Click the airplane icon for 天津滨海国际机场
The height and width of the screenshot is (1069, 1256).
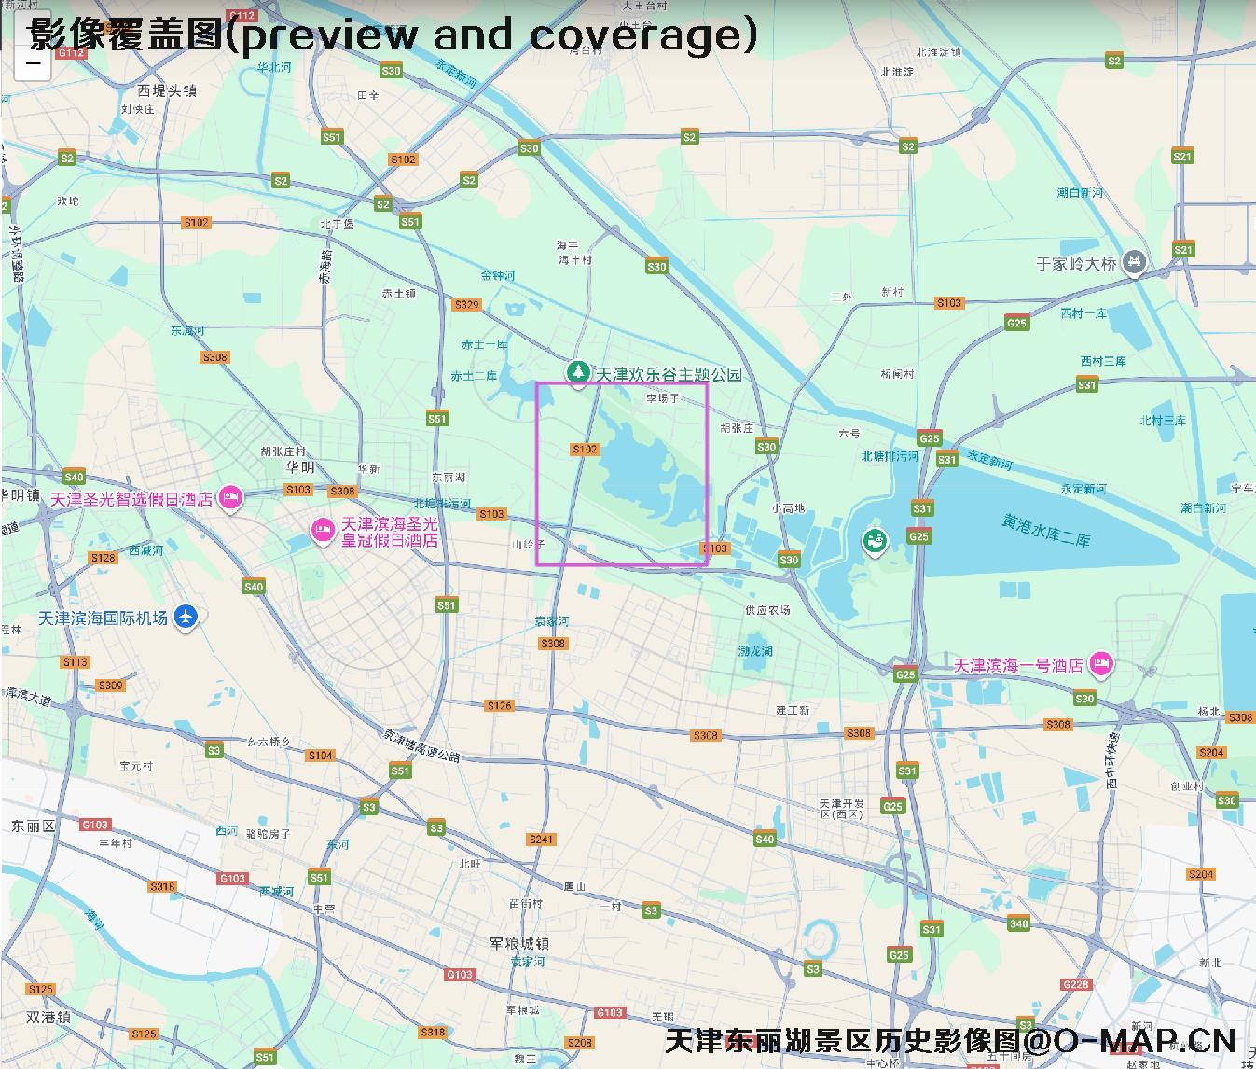pos(186,617)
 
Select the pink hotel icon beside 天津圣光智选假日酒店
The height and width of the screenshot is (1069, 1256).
pos(230,499)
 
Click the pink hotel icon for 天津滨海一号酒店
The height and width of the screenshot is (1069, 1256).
pos(1101,665)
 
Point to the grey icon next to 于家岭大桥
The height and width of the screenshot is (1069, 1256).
pos(1133,263)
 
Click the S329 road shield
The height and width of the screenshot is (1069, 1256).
pos(466,305)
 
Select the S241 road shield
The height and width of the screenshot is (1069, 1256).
pos(542,840)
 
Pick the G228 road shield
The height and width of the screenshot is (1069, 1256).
pos(1075,984)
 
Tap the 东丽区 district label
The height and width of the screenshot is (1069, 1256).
pos(34,826)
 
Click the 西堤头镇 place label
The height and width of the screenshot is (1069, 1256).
pos(167,90)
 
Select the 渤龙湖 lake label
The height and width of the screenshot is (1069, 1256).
pos(755,650)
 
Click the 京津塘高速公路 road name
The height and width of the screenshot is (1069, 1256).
pos(421,745)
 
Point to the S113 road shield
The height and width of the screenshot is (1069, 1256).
pos(76,662)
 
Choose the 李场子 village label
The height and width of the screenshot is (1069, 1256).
pos(663,398)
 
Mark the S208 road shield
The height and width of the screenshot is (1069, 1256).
pos(579,1043)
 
